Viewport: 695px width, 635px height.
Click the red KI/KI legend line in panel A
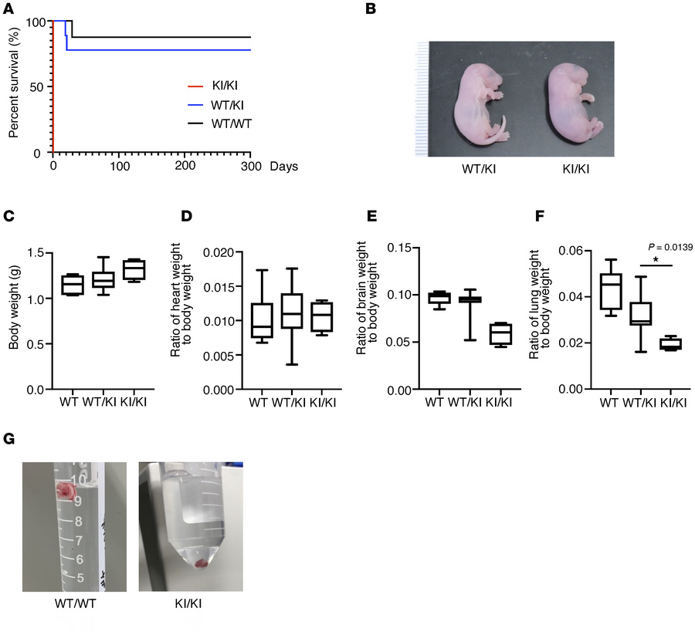point(195,86)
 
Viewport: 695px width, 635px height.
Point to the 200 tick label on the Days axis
point(185,166)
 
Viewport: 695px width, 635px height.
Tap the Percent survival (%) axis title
point(14,83)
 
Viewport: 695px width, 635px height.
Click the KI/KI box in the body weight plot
point(134,270)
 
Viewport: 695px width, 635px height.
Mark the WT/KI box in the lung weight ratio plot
point(640,314)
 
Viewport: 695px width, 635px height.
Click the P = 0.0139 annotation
point(670,247)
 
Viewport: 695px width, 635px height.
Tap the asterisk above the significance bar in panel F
point(656,259)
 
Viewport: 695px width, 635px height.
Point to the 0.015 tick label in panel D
point(219,287)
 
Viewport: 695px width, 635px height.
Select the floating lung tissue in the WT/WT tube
point(66,491)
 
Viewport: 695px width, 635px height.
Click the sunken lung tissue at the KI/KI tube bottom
point(202,564)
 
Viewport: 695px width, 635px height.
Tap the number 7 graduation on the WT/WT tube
point(79,540)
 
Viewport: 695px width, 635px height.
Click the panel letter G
point(8,439)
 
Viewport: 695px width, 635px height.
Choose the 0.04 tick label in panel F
point(571,297)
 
